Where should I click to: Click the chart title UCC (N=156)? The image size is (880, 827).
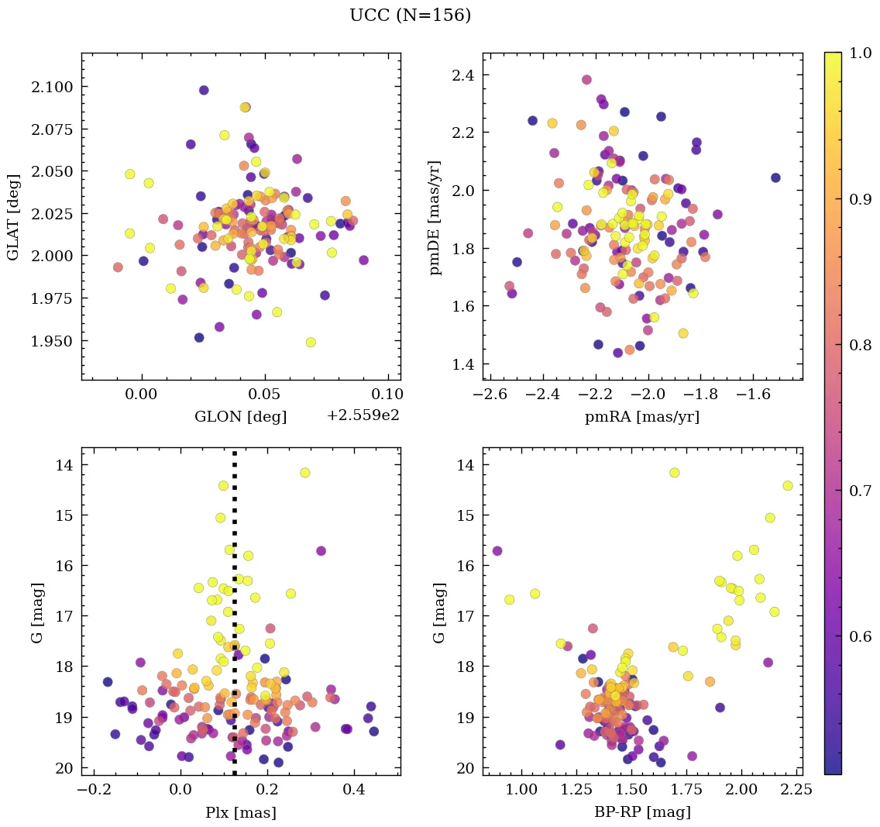click(x=410, y=16)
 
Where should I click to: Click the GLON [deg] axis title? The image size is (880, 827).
click(x=240, y=416)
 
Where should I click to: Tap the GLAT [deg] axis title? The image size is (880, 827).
click(x=13, y=217)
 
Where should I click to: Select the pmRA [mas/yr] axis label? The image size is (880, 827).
click(x=642, y=416)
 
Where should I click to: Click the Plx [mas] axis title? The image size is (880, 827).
click(x=240, y=812)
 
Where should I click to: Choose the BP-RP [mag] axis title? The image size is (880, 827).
click(x=642, y=812)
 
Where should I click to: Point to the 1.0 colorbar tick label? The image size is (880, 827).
click(x=860, y=53)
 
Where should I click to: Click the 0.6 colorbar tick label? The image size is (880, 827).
click(x=860, y=636)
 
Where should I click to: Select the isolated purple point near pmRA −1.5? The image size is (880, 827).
click(x=775, y=177)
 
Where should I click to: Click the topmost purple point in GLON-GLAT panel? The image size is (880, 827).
click(x=204, y=90)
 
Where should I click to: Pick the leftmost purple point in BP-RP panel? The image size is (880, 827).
click(x=497, y=551)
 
